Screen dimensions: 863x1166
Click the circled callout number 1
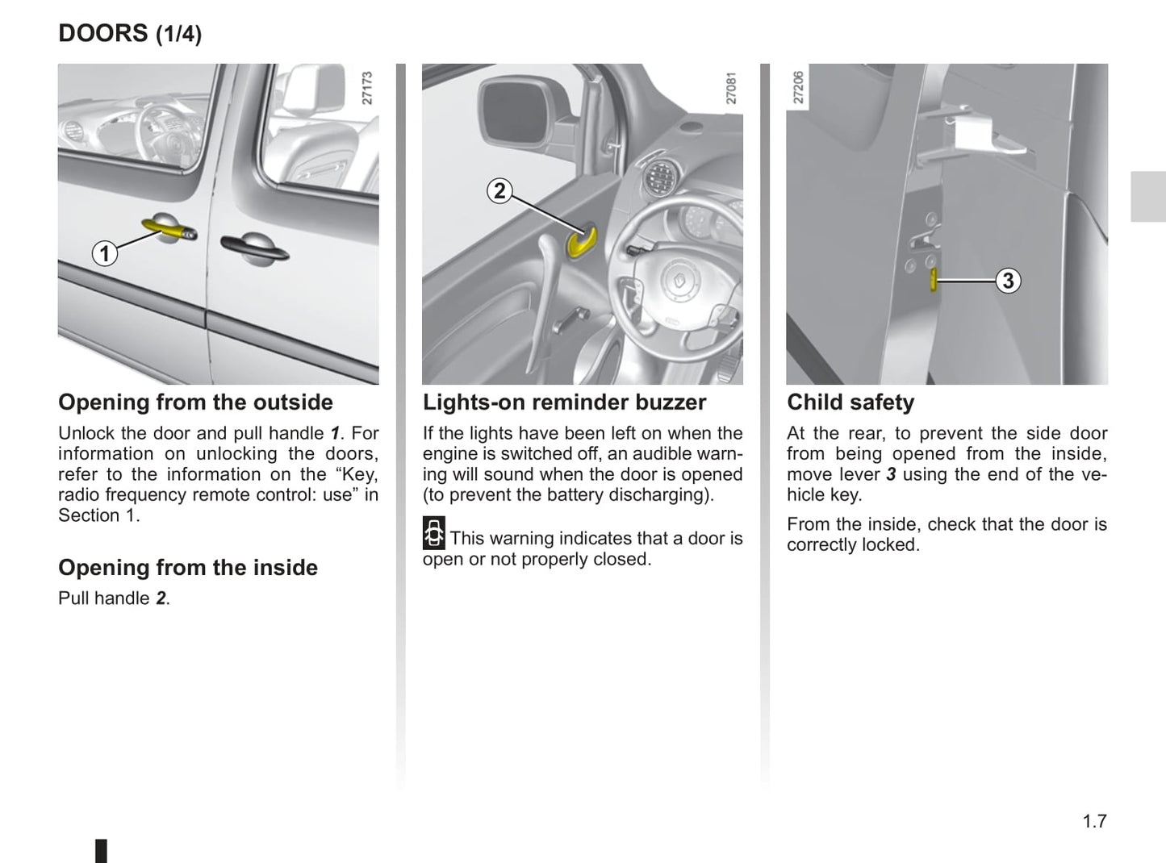pos(104,254)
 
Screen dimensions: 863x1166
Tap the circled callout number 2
pos(499,191)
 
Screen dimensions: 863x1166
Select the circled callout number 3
pos(1008,281)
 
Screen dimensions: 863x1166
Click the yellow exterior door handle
pos(168,231)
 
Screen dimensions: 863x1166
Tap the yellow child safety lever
pos(934,281)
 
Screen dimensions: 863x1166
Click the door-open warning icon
pos(434,534)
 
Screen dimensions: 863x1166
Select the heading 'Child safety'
pos(850,402)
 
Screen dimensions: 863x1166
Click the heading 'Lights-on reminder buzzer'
pos(564,402)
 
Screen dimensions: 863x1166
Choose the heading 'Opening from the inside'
pos(188,568)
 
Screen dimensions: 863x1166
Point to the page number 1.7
pos(1094,821)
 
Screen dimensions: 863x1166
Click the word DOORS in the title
pos(103,33)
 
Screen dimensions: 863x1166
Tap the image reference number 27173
pos(367,88)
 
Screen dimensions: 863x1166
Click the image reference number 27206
pos(798,87)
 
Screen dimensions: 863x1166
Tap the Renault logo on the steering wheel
pos(677,282)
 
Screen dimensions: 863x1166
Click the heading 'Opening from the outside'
pos(195,402)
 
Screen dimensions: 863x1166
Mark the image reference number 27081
pos(731,88)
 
